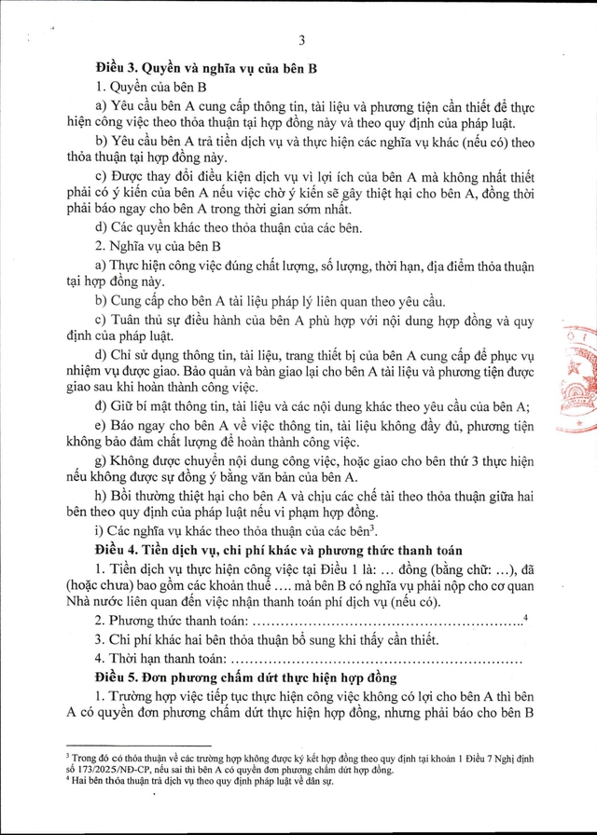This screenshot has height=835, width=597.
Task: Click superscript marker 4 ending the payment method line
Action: click(x=526, y=617)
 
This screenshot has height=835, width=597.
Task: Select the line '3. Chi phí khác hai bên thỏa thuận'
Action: click(x=252, y=640)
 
